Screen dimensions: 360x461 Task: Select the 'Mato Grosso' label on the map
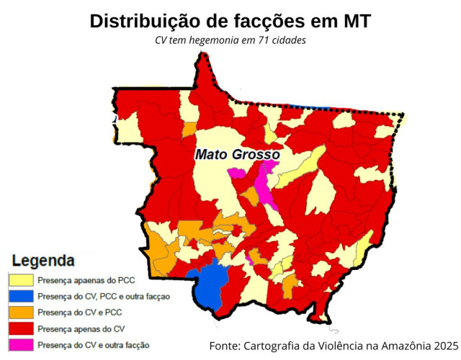pyautogui.click(x=237, y=154)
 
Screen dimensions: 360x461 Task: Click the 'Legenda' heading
pyautogui.click(x=44, y=260)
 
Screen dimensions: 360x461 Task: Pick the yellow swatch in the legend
pyautogui.click(x=20, y=280)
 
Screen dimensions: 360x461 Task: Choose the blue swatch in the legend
pyautogui.click(x=20, y=297)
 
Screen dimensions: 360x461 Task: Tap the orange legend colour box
pyautogui.click(x=20, y=312)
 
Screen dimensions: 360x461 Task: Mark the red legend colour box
pyautogui.click(x=20, y=329)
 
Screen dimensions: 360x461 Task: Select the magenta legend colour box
pyautogui.click(x=20, y=345)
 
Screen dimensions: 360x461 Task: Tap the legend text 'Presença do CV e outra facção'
pyautogui.click(x=93, y=345)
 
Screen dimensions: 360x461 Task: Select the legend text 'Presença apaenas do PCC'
pyautogui.click(x=86, y=280)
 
